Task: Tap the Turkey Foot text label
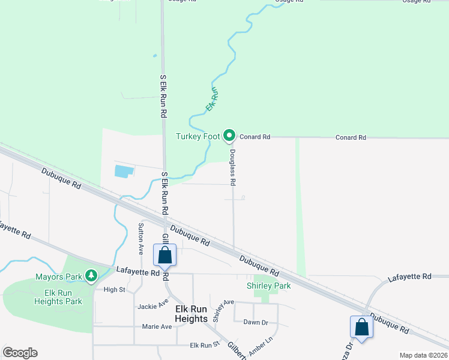198,136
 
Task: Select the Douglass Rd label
232,167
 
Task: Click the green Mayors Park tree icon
91,276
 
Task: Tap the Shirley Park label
269,286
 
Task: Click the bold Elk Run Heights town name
191,313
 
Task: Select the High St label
113,289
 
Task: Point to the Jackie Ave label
152,306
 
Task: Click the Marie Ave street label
157,326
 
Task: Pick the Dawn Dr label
256,322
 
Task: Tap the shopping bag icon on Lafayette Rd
165,256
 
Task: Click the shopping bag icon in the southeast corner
361,327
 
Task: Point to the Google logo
20,353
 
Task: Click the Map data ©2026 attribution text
423,355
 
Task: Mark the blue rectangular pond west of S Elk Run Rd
124,171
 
